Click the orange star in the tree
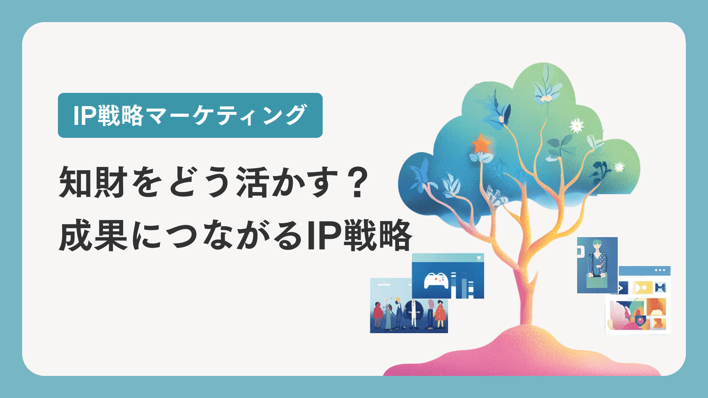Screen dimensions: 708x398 tap(481, 144)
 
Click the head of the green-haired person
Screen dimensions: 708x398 tap(596, 245)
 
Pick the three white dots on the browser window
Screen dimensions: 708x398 tap(660, 270)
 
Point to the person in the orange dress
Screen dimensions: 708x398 tap(440, 314)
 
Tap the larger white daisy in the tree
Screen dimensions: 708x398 tap(576, 125)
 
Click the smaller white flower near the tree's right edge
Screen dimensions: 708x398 tap(619, 167)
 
